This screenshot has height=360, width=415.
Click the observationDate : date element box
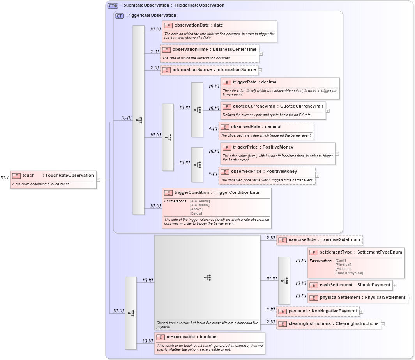point(198,25)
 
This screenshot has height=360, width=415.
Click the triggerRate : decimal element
point(255,82)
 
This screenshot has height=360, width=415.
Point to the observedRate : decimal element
point(256,127)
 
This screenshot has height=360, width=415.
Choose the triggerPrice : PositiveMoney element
point(263,147)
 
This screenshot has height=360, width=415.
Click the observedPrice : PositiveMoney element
point(264,172)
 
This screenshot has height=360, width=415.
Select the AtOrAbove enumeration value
point(200,201)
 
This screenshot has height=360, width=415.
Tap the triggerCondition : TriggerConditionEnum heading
point(218,193)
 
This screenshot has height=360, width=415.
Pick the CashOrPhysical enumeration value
point(349,273)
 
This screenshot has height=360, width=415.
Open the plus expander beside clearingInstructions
point(383,324)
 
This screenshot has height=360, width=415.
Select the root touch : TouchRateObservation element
point(58,176)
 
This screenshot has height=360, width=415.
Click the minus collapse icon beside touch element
point(99,180)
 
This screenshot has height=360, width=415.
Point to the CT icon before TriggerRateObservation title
point(120,16)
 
